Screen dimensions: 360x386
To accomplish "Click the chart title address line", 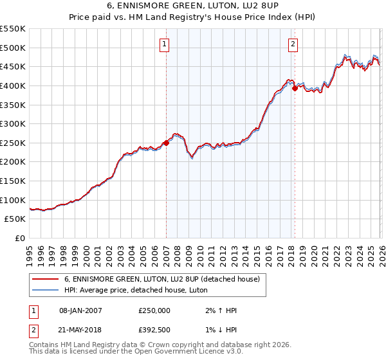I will [193, 6].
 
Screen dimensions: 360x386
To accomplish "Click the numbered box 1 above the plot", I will [165, 44].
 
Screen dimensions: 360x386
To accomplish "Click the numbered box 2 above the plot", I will [293, 44].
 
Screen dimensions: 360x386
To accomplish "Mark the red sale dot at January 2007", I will [166, 143].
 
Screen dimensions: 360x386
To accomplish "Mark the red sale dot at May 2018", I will [295, 89].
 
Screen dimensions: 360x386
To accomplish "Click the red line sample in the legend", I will [46, 279].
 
